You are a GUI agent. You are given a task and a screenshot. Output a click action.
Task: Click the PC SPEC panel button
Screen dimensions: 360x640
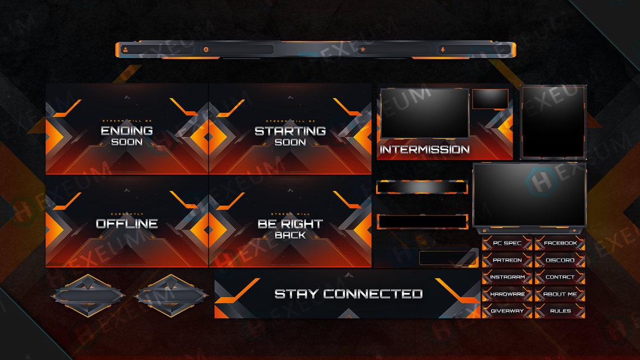(506, 243)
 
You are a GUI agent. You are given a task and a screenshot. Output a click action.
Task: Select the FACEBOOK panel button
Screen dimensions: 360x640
(560, 243)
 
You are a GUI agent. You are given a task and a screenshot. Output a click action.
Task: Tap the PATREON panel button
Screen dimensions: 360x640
(506, 260)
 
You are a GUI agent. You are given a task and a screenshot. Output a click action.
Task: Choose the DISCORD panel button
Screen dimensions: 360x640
(560, 260)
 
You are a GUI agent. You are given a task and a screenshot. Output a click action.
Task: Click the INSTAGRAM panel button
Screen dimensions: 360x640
(506, 277)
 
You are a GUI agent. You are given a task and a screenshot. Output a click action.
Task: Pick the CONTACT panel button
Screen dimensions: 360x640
(560, 277)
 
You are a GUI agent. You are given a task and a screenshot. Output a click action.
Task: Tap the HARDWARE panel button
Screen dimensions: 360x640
(506, 294)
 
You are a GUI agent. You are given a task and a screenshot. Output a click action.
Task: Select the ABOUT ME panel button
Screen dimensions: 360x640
(560, 294)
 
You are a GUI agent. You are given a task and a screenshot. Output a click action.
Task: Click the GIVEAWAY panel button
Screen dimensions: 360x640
(506, 311)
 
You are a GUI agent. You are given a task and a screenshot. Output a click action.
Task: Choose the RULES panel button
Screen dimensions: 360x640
(560, 311)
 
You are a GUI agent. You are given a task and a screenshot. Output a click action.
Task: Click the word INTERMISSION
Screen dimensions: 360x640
(424, 149)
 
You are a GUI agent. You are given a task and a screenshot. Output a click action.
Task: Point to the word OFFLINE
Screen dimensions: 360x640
(126, 224)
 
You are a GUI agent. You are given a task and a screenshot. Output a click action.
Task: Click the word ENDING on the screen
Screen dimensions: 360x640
(126, 131)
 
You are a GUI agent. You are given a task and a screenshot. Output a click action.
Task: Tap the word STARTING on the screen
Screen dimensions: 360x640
(290, 131)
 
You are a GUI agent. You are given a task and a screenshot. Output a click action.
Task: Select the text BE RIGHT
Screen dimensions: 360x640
(290, 224)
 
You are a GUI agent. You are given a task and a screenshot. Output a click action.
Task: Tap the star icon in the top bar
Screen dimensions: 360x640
(363, 50)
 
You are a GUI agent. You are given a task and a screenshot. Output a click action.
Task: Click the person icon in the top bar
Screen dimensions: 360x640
(125, 50)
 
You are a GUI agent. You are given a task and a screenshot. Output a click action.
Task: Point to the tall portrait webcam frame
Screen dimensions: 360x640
(554, 122)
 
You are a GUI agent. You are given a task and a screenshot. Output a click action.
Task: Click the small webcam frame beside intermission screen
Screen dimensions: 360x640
(490, 99)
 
